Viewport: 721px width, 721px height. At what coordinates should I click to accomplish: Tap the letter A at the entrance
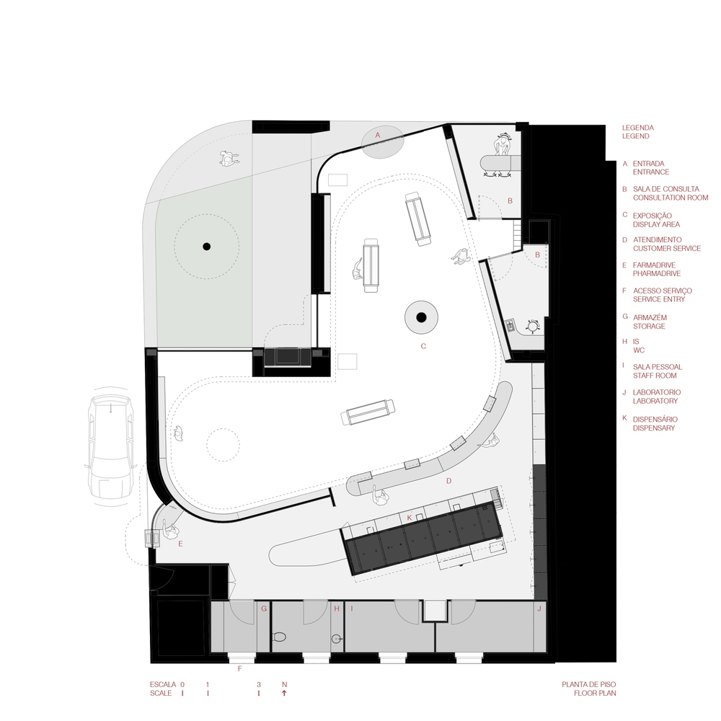[378, 135]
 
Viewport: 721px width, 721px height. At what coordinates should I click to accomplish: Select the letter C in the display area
[424, 346]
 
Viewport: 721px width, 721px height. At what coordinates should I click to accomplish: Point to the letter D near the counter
[448, 480]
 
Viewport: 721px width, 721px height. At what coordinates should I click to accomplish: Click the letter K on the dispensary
[410, 517]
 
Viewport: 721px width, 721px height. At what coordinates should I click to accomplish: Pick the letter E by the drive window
[180, 544]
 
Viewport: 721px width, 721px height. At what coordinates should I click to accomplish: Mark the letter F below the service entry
[239, 668]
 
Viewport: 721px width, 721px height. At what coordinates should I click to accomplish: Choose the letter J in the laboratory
[539, 609]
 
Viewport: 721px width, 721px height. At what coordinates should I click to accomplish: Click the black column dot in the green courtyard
[206, 247]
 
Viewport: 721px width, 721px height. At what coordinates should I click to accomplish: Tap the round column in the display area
[422, 317]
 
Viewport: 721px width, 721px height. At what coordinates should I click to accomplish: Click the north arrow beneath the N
[284, 693]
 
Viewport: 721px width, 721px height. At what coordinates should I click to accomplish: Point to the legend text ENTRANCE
[651, 172]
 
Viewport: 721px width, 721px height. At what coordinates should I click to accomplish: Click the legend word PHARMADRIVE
[657, 274]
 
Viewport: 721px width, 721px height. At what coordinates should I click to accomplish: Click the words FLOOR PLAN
[595, 693]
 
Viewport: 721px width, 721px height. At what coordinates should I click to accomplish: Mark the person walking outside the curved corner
[230, 156]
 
